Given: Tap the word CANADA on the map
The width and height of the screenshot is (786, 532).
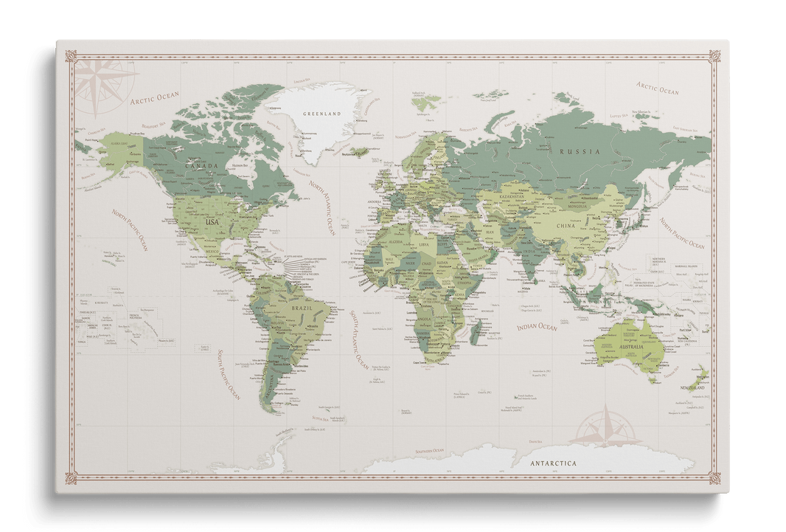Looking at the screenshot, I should point(201,167).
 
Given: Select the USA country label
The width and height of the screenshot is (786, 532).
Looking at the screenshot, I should point(212,221).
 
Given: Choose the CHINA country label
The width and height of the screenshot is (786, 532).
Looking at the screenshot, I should point(566,227).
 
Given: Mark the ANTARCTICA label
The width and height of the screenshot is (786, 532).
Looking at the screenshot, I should point(552,463).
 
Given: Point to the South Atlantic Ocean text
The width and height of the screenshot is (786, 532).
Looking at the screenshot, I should point(359,339).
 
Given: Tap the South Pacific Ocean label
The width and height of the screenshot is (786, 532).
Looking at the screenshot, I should point(229,376).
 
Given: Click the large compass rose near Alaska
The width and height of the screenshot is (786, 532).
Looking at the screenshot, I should point(97,80).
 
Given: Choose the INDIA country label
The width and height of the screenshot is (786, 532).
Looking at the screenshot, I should point(532,259).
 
